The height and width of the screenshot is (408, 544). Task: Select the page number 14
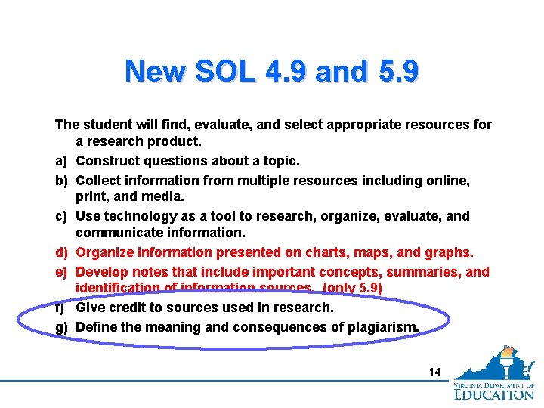pyautogui.click(x=434, y=371)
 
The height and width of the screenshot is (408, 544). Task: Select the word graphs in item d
pyautogui.click(x=451, y=252)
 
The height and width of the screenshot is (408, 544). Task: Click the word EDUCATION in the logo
pyautogui.click(x=493, y=394)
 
